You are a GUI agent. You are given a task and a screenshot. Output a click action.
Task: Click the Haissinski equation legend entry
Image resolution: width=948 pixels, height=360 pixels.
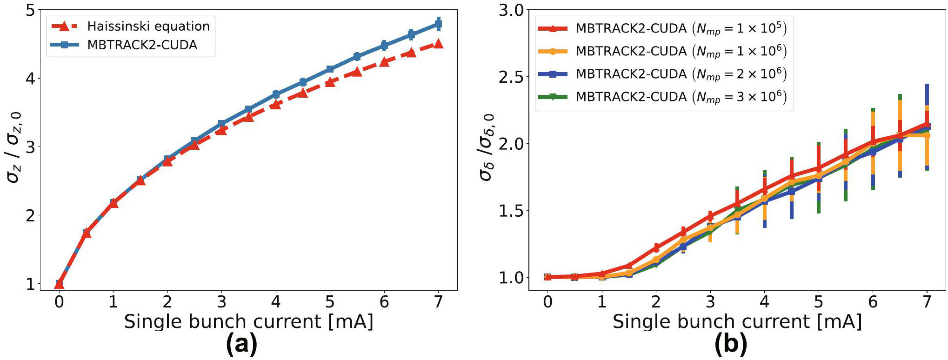point(148,26)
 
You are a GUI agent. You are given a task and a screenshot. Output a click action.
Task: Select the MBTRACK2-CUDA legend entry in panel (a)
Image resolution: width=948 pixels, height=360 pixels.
point(142,45)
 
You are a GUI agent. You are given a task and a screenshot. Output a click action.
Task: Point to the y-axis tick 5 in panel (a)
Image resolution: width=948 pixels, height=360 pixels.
point(30,10)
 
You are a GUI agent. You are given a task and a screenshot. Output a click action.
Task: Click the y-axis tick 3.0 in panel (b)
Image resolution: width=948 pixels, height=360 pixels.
point(511,10)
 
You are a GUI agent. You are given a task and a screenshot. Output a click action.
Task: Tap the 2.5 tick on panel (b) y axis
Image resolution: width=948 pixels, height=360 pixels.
point(511,77)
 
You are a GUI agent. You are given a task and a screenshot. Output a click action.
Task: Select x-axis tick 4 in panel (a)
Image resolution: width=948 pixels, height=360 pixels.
point(276,302)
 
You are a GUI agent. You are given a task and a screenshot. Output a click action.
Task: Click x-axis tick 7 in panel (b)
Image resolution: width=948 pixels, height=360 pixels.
point(927,302)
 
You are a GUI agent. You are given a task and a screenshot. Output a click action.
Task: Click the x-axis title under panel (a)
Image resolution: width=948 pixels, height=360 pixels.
point(248,322)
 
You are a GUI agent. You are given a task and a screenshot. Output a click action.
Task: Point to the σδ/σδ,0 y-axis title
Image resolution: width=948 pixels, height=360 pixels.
point(487,147)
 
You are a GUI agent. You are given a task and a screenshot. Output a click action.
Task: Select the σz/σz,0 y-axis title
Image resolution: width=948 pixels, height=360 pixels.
point(14,147)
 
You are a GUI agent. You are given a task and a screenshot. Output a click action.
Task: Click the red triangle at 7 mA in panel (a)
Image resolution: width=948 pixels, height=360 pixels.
point(438,44)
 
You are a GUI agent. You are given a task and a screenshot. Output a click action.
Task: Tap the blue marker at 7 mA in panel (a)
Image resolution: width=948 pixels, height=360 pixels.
point(438,24)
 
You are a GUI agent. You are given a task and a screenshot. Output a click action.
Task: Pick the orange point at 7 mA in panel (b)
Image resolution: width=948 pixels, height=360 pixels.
point(927,135)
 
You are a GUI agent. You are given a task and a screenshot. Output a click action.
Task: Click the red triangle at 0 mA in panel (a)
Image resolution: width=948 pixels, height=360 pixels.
point(59,284)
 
